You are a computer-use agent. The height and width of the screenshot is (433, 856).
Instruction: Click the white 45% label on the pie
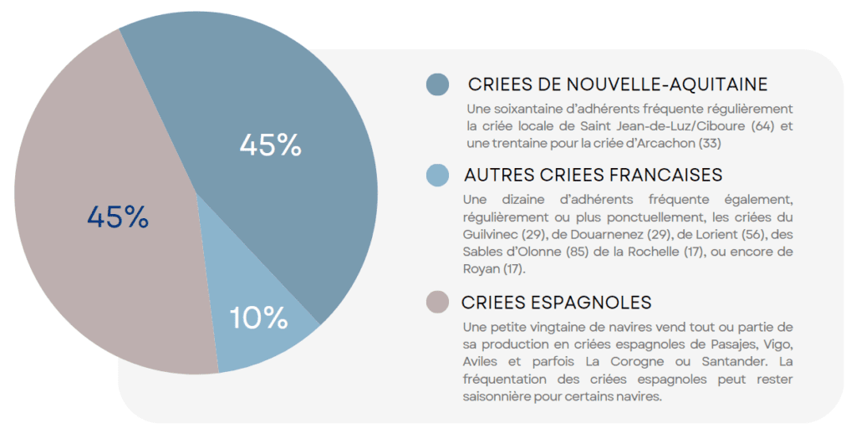[x=270, y=145]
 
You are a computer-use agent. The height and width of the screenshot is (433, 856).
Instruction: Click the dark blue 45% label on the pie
[x=118, y=217]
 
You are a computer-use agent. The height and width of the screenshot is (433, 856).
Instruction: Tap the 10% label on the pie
[x=258, y=318]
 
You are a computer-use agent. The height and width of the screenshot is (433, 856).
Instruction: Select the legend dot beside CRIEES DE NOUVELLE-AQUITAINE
[x=437, y=84]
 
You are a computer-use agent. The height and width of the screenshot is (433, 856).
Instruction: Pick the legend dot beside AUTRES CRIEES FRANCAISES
[x=437, y=176]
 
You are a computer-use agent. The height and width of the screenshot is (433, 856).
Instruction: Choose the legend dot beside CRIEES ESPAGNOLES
[x=437, y=302]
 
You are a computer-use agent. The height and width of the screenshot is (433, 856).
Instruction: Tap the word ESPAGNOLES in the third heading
[x=596, y=302]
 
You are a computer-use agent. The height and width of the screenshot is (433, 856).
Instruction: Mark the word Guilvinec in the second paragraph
[x=489, y=234]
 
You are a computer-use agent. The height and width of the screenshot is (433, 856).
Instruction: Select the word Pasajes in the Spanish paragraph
[x=709, y=344]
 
